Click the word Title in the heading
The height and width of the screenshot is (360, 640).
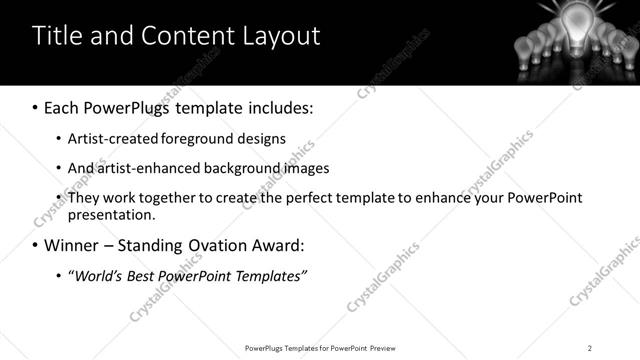pos(58,36)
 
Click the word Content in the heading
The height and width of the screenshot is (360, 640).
pos(181,36)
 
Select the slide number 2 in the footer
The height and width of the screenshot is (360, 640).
pos(589,348)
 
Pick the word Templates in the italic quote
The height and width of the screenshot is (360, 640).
pos(267,275)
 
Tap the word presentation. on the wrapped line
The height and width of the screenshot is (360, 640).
pos(111,214)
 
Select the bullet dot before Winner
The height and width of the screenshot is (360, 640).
pos(36,245)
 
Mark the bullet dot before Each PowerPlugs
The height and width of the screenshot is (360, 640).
pos(36,107)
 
